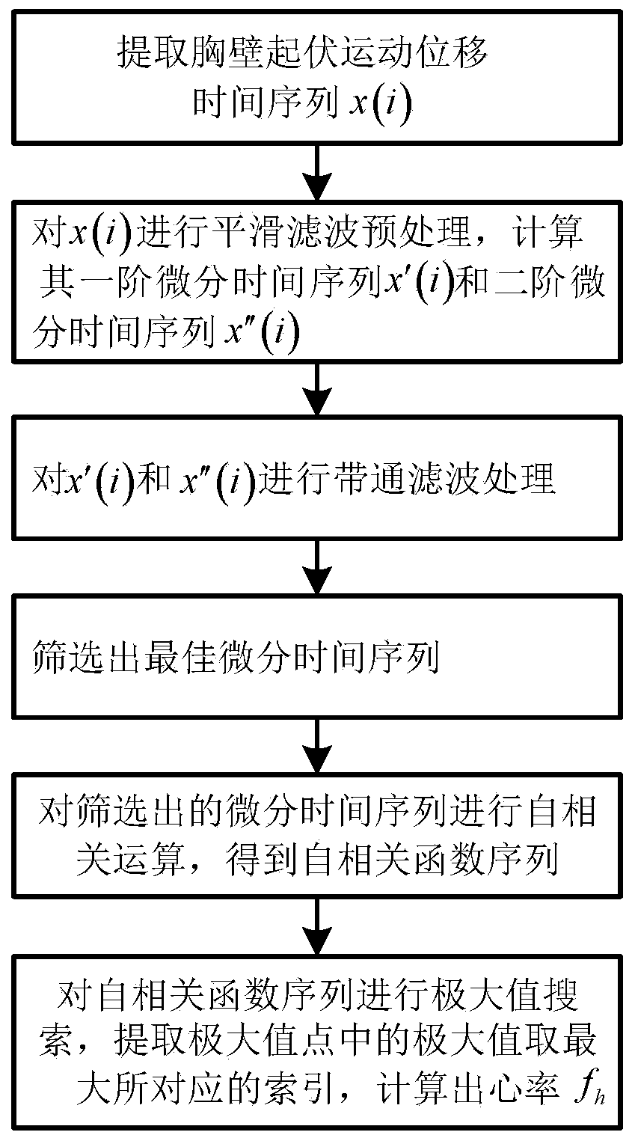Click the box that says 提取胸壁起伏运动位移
click(x=317, y=77)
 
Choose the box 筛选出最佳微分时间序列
click(x=317, y=660)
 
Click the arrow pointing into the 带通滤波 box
click(x=317, y=391)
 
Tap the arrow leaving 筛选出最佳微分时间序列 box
click(x=317, y=750)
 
